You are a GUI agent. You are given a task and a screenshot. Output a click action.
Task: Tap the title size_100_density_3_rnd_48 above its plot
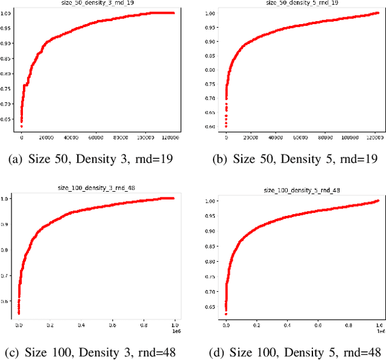click(x=98, y=188)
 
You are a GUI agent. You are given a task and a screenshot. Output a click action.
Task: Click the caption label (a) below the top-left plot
click(x=33, y=160)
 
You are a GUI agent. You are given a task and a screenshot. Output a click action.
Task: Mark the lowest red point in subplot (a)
click(x=21, y=127)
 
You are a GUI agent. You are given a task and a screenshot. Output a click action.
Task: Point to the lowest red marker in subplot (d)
click(x=226, y=314)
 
